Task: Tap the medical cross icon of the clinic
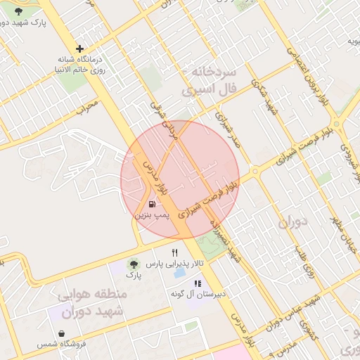80,49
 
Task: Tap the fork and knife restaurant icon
174,252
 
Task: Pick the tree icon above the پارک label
133,264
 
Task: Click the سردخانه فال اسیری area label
210,82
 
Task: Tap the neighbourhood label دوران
293,224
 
